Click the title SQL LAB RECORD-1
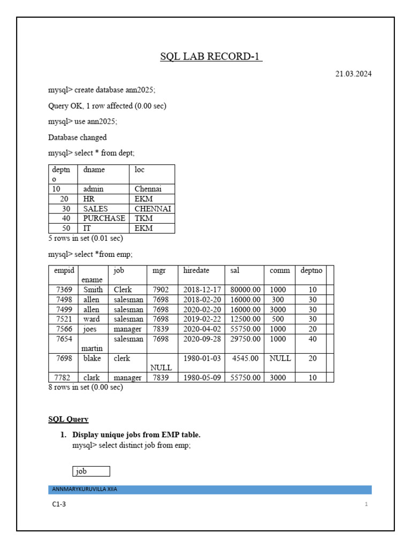coord(211,57)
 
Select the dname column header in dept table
coord(94,170)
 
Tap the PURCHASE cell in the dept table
coord(104,218)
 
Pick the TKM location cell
coord(143,218)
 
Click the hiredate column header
coord(196,271)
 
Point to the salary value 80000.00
coord(246,290)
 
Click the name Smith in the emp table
coord(93,290)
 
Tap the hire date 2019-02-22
coord(202,319)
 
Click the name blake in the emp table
coord(92,358)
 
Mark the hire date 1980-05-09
coord(202,377)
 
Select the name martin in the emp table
coord(92,348)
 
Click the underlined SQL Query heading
coord(68,419)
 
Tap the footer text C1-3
coord(59,504)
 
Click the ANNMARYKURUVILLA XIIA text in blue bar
coord(85,489)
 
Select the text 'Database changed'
coord(78,138)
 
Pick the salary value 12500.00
coord(246,319)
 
